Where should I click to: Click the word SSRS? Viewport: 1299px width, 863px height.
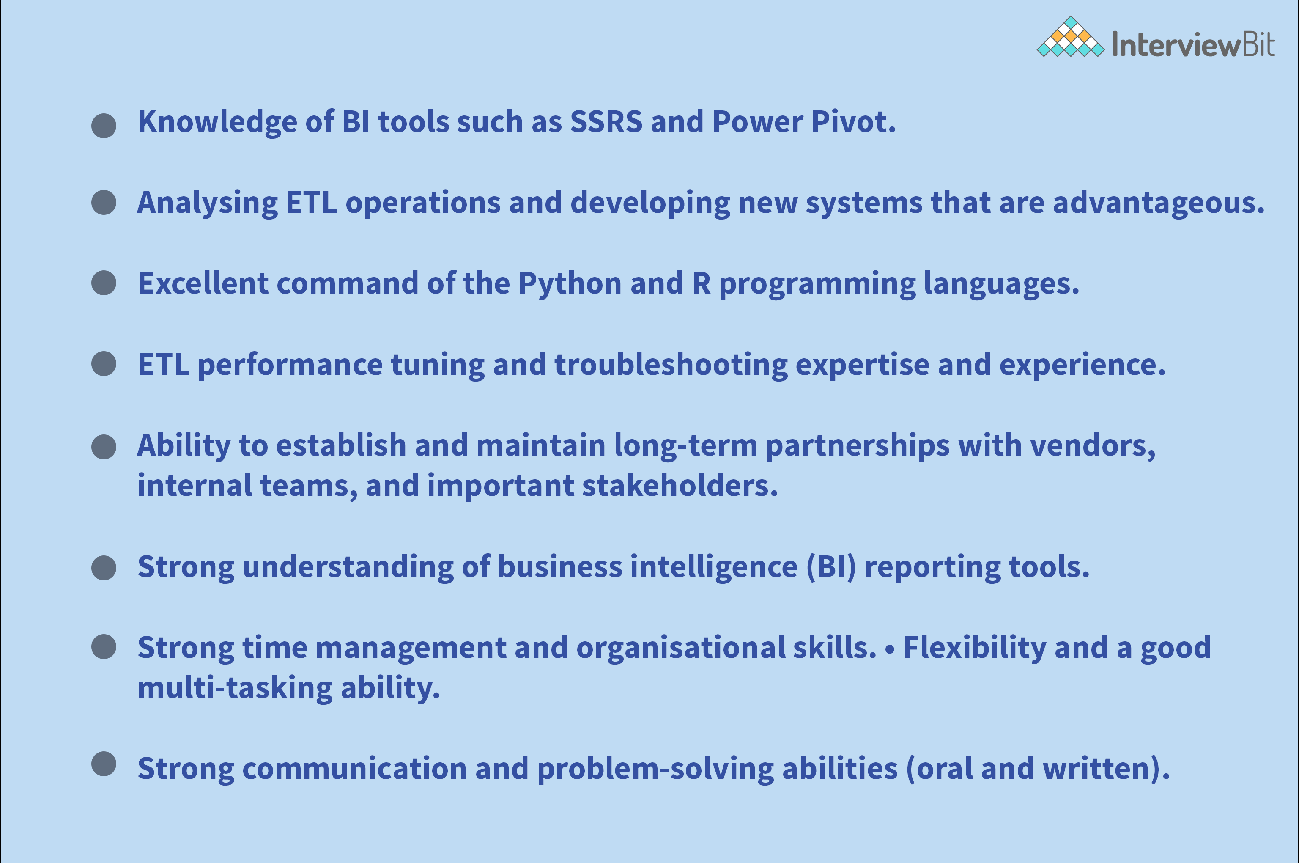[x=606, y=122]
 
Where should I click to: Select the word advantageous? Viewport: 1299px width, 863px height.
[x=1158, y=203]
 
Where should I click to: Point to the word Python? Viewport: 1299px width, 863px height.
[x=570, y=284]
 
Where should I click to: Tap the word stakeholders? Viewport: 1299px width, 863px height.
[x=680, y=486]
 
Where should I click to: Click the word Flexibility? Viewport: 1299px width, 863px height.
[x=974, y=648]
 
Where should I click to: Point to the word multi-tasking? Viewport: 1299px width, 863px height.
[x=235, y=688]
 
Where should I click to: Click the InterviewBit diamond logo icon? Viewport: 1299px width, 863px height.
[x=1070, y=37]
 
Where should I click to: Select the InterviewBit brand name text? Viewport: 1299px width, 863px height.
[x=1193, y=44]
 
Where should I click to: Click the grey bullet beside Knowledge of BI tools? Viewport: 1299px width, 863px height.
[x=104, y=126]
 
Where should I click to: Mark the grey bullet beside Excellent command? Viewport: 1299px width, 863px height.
[x=104, y=283]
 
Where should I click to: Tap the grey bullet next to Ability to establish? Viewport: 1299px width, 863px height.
[x=104, y=446]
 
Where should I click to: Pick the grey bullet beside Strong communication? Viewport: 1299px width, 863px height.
[x=104, y=764]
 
